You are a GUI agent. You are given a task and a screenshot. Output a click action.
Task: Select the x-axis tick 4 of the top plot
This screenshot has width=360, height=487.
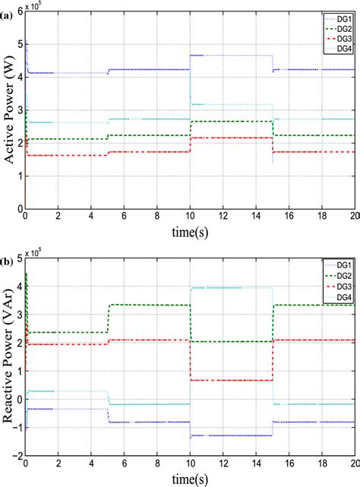click(x=91, y=216)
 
